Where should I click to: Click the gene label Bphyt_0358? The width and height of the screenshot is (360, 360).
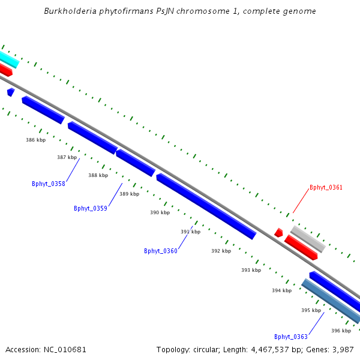pyautogui.click(x=49, y=184)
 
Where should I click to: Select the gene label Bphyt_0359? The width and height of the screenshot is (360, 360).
pyautogui.click(x=91, y=208)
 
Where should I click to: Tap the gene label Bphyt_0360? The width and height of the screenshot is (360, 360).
pyautogui.click(x=161, y=251)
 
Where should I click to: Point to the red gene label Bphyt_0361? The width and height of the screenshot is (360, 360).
pyautogui.click(x=326, y=187)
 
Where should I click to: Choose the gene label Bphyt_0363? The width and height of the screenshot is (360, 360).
pyautogui.click(x=291, y=337)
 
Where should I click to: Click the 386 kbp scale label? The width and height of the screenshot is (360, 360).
pyautogui.click(x=35, y=140)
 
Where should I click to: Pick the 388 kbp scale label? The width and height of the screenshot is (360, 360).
pyautogui.click(x=98, y=175)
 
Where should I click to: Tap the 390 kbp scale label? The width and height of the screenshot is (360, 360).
pyautogui.click(x=160, y=212)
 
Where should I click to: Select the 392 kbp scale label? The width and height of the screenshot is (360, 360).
pyautogui.click(x=221, y=251)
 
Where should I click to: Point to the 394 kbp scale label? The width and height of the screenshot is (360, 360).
pyautogui.click(x=281, y=290)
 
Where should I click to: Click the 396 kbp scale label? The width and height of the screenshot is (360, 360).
pyautogui.click(x=341, y=331)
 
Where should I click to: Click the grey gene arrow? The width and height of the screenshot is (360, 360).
pyautogui.click(x=308, y=239)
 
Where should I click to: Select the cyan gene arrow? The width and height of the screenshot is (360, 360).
pyautogui.click(x=8, y=59)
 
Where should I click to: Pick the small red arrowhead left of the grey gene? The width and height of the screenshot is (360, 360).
pyautogui.click(x=278, y=232)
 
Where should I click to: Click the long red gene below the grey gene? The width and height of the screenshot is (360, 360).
pyautogui.click(x=301, y=247)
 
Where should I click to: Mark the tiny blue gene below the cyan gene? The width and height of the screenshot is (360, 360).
pyautogui.click(x=10, y=92)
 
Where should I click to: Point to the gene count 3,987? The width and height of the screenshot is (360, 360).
pyautogui.click(x=343, y=349)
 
